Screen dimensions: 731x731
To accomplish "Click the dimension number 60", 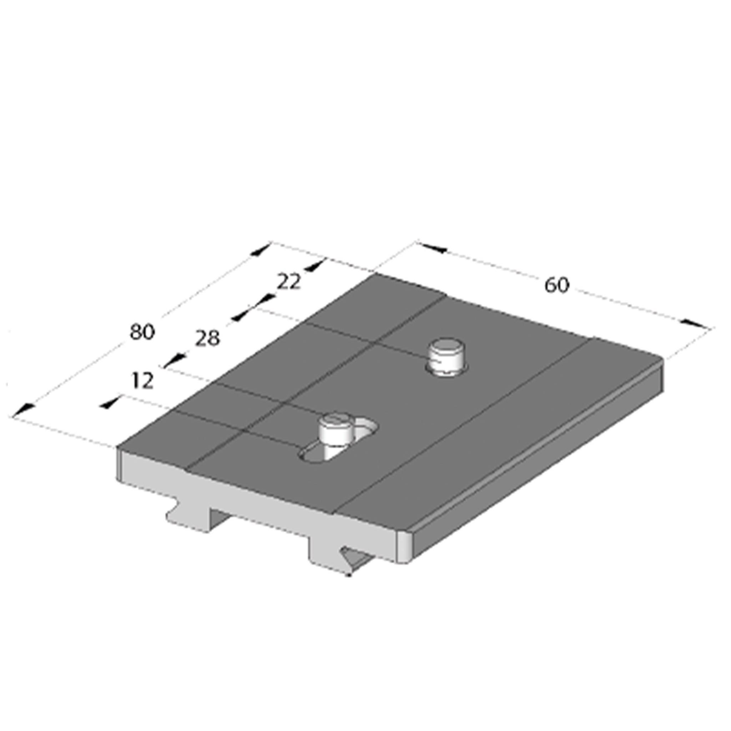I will [x=556, y=285].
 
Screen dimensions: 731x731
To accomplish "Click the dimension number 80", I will [x=142, y=332].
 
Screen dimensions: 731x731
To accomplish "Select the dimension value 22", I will [x=289, y=282].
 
